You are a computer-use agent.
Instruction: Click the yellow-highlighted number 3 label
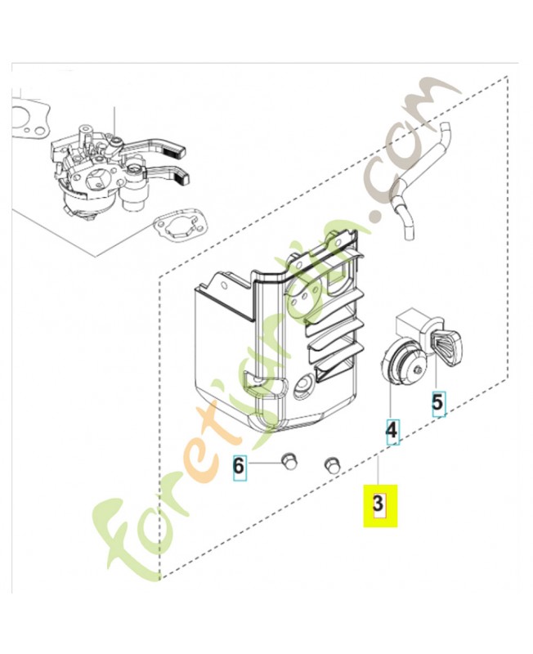click(x=378, y=505)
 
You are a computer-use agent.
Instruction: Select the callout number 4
click(x=392, y=429)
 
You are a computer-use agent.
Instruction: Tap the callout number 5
click(x=439, y=402)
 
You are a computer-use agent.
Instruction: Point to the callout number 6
click(x=239, y=466)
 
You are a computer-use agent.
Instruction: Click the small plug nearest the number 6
click(x=288, y=462)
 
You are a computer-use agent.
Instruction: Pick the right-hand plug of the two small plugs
click(x=331, y=464)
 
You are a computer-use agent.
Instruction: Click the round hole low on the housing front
click(x=305, y=381)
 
